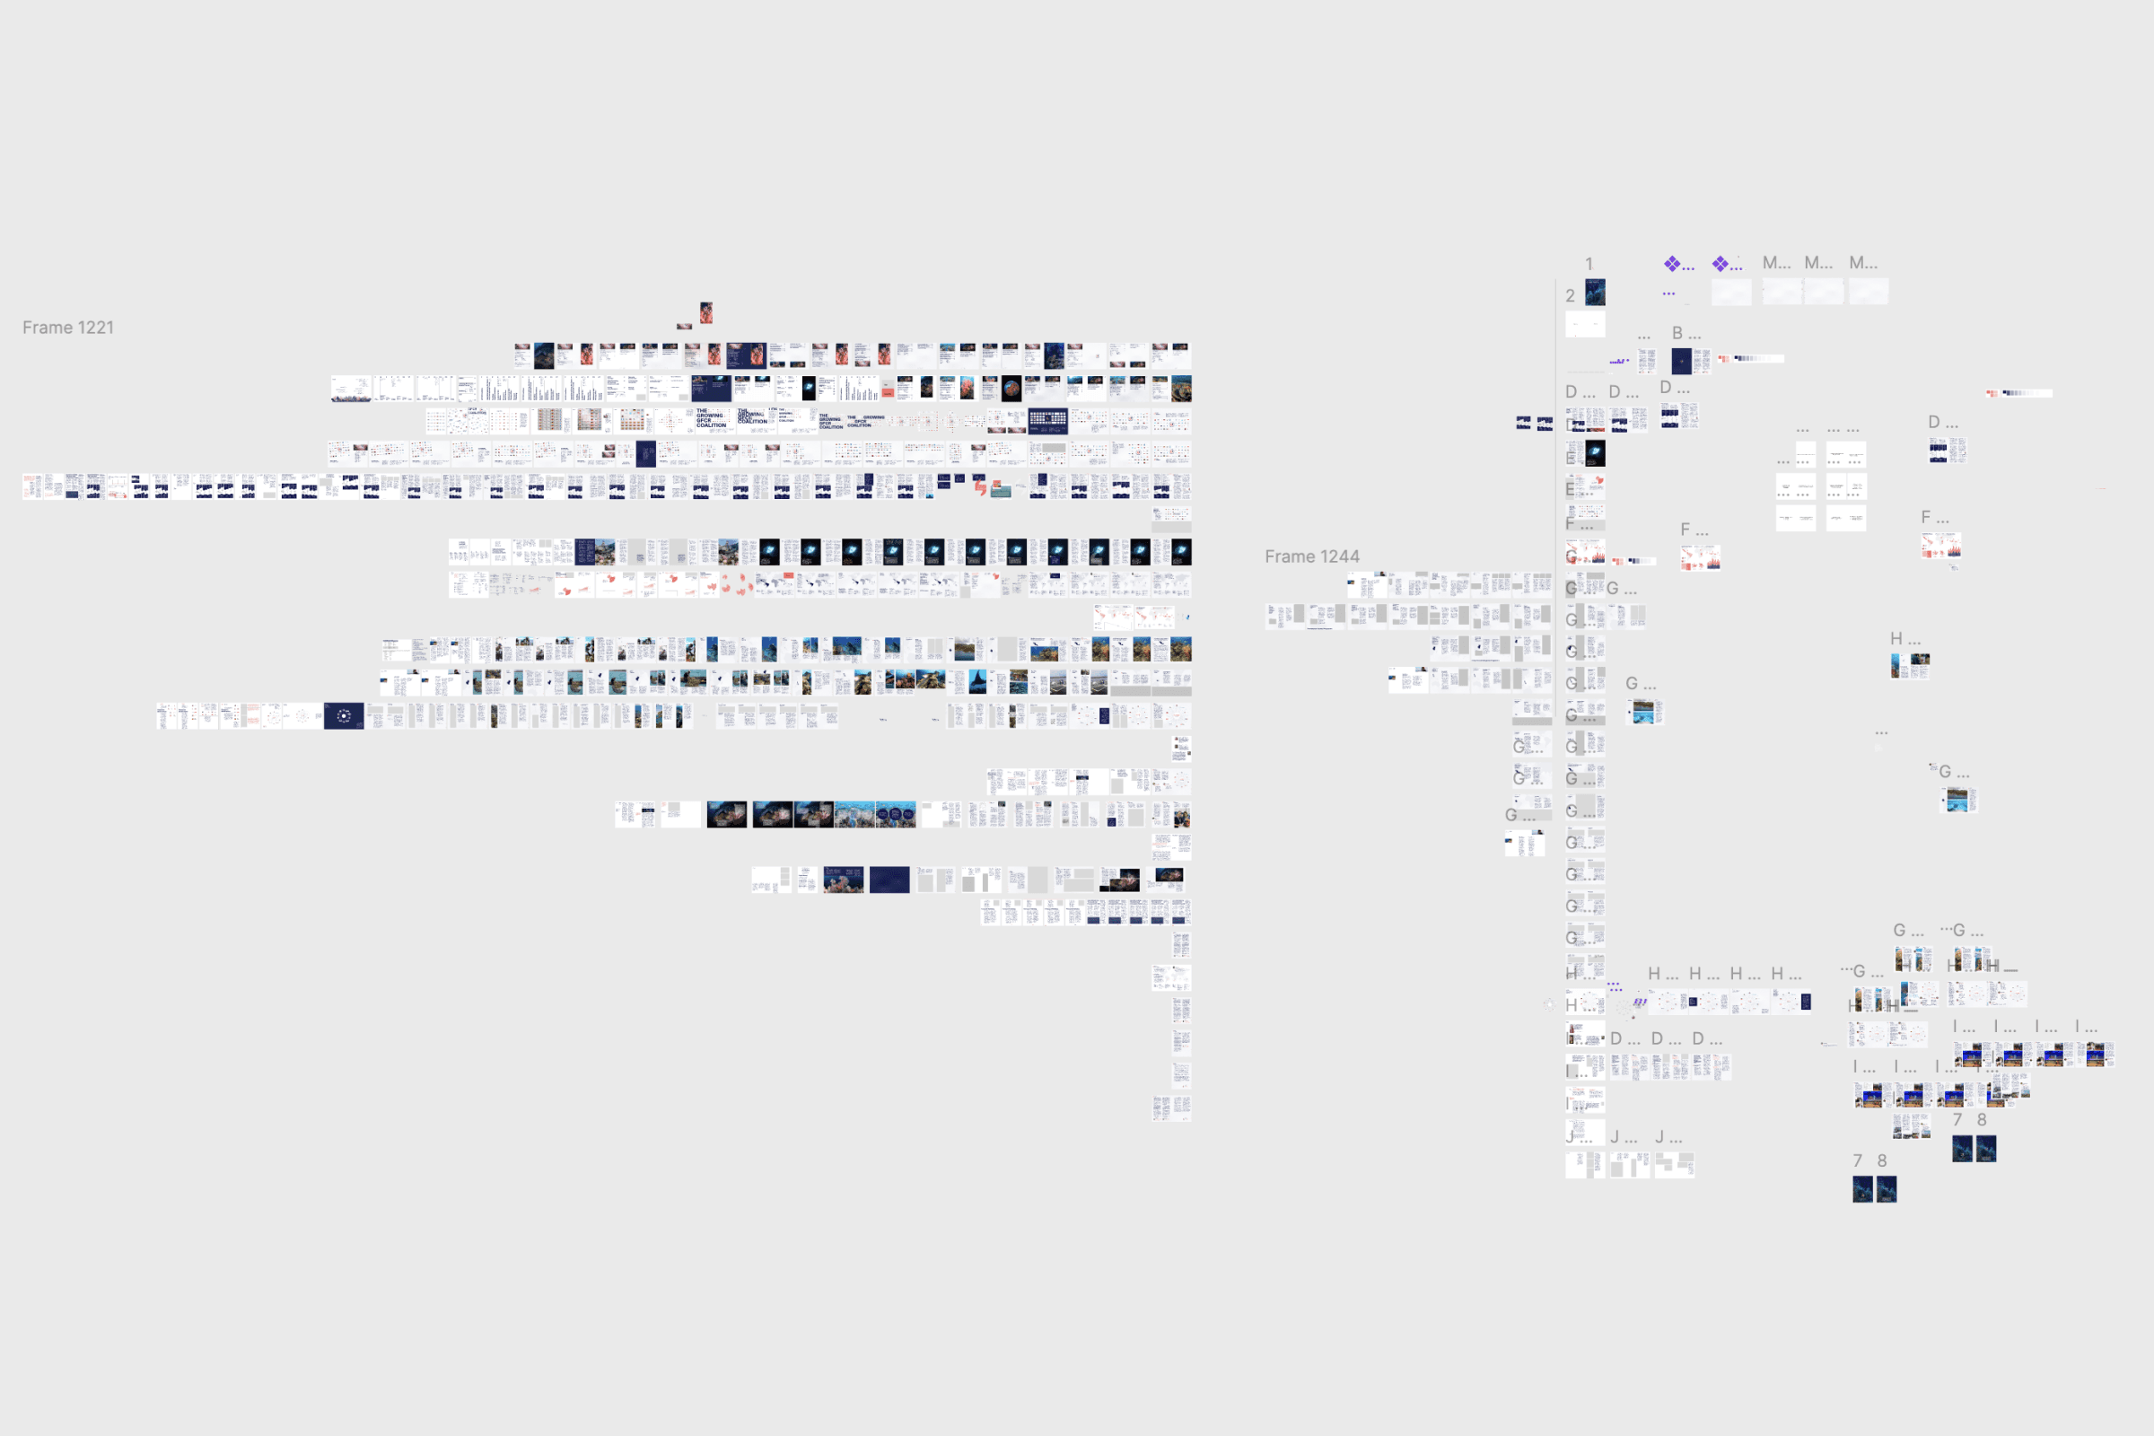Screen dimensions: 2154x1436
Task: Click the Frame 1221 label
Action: click(68, 328)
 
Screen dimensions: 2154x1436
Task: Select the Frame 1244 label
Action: click(1311, 556)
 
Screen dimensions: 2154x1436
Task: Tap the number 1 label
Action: click(1589, 264)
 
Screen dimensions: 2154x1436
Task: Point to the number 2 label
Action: click(1570, 296)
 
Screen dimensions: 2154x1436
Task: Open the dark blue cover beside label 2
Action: click(1596, 293)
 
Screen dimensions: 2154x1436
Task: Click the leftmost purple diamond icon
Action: click(1672, 264)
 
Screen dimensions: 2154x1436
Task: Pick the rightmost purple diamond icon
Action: click(1721, 264)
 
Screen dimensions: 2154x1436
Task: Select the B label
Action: click(1677, 333)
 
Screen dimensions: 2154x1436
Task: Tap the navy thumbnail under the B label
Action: click(1681, 361)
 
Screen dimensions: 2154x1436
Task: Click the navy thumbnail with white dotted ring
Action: click(344, 716)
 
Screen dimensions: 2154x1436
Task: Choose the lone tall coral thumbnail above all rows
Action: click(706, 313)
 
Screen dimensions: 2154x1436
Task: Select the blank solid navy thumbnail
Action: click(889, 880)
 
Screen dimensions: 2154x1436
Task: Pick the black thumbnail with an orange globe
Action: click(1011, 389)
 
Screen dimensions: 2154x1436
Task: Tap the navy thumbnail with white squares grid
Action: click(1047, 421)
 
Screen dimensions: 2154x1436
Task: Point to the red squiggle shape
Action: click(980, 487)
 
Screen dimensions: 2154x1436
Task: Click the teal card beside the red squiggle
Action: click(1001, 491)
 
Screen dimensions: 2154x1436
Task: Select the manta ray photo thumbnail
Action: click(978, 682)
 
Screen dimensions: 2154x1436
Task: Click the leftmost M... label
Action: click(1776, 264)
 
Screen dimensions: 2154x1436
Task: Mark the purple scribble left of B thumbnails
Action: click(1618, 362)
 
